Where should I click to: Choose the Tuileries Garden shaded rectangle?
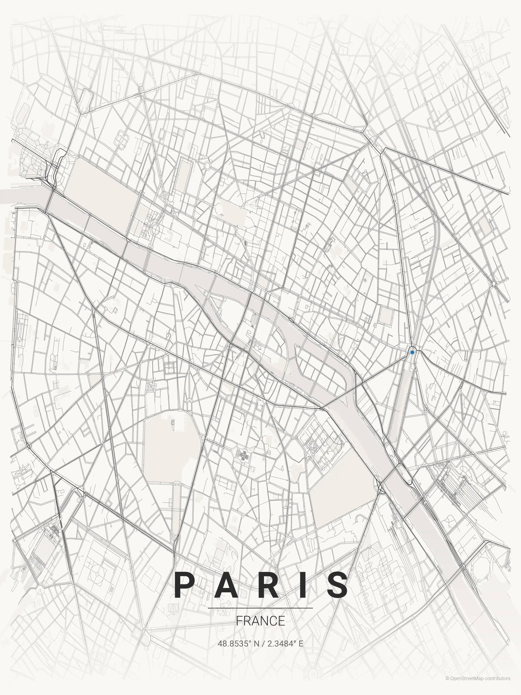100,189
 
